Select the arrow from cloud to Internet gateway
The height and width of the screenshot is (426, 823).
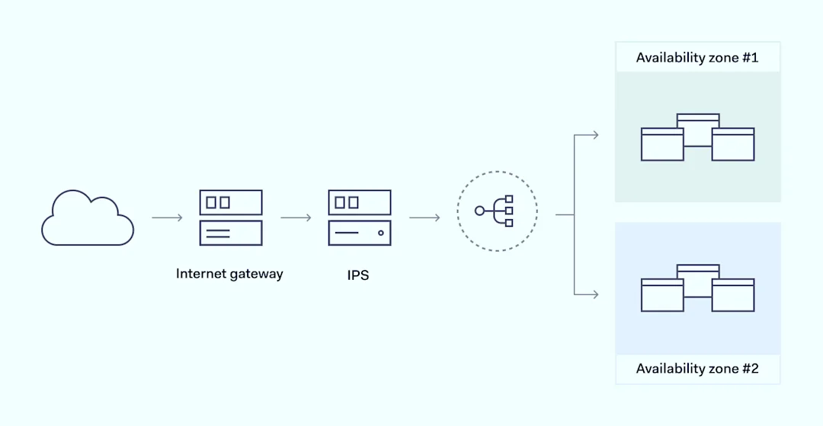[167, 218]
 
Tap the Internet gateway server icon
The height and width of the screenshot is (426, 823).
[231, 218]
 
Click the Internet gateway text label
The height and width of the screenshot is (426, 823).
[229, 274]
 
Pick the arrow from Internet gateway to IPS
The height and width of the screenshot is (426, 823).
[296, 218]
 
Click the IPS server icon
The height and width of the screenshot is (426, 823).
[360, 218]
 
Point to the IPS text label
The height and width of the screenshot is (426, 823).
[358, 275]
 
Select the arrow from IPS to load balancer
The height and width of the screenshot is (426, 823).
[424, 218]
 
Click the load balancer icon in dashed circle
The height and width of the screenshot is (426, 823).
[497, 211]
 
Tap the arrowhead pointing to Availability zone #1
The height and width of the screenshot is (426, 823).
[594, 135]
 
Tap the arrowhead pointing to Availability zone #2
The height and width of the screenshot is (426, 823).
[594, 294]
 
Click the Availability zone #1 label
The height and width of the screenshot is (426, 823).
[697, 58]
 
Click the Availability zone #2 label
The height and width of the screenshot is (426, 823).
[697, 369]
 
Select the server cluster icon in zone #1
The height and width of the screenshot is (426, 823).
[697, 138]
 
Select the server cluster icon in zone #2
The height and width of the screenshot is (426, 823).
[697, 288]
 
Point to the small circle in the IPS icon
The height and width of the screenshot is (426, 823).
[380, 233]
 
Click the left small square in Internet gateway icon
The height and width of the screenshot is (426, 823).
[211, 202]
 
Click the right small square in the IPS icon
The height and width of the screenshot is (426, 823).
[353, 202]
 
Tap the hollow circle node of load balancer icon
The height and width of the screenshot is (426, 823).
[479, 211]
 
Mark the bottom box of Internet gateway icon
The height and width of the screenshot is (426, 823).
[231, 233]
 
